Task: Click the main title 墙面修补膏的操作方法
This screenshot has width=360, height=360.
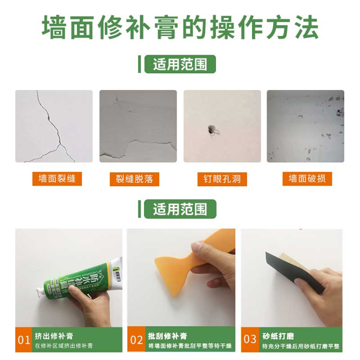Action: pyautogui.click(x=180, y=28)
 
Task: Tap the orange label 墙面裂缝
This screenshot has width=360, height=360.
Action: pyautogui.click(x=57, y=179)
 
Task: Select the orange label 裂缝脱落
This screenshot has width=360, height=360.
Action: pyautogui.click(x=134, y=179)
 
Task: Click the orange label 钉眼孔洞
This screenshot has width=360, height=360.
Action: pyautogui.click(x=222, y=179)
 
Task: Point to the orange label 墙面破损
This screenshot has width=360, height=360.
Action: pyautogui.click(x=307, y=179)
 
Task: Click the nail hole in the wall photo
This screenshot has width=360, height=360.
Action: pyautogui.click(x=211, y=130)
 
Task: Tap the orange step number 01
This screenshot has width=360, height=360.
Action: pyautogui.click(x=24, y=340)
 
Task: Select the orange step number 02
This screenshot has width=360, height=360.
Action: pyautogui.click(x=136, y=340)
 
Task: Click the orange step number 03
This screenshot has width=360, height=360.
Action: pyautogui.click(x=250, y=339)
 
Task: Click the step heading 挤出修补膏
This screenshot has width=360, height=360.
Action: pyautogui.click(x=54, y=336)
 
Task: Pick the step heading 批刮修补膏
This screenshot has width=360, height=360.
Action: pyautogui.click(x=168, y=336)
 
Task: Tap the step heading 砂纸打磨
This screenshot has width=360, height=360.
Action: pyautogui.click(x=278, y=336)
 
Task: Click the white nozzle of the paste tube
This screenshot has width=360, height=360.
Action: pyautogui.click(x=42, y=291)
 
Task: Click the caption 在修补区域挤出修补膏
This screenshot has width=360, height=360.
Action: pyautogui.click(x=64, y=346)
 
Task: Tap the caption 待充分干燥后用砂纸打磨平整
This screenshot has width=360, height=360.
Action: pyautogui.click(x=301, y=346)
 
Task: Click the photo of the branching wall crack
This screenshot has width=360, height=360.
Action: pyautogui.click(x=54, y=126)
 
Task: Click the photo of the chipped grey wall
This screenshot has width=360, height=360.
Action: pyautogui.click(x=305, y=126)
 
